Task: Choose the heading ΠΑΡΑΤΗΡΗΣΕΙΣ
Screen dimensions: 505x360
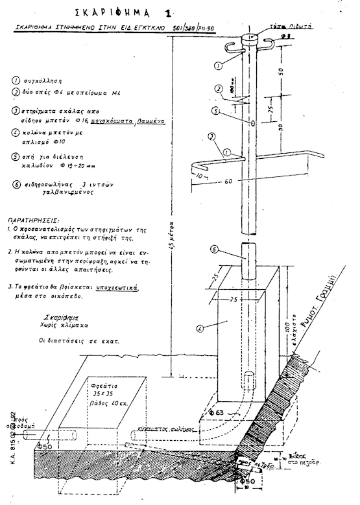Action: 32,220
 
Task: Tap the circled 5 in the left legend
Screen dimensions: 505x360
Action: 16,156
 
